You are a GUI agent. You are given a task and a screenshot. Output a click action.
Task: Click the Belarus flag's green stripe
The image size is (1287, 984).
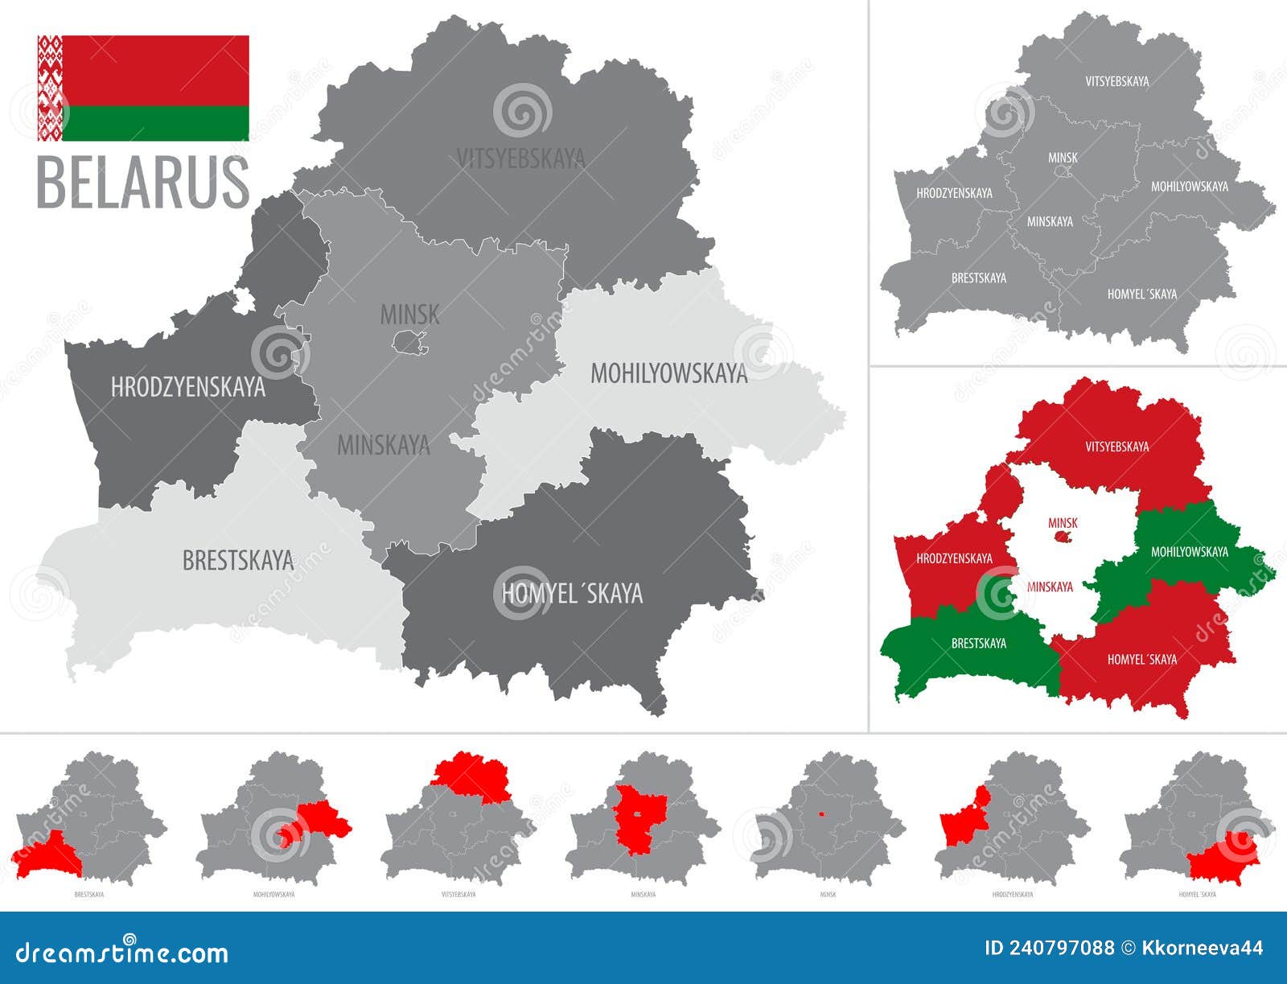coord(154,123)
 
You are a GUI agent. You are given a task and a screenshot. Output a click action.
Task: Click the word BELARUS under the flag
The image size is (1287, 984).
coord(143,183)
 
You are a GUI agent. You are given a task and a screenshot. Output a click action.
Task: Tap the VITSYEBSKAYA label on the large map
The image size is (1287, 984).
coord(520,159)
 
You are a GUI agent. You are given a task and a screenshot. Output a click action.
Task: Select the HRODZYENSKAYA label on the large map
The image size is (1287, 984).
coord(187,388)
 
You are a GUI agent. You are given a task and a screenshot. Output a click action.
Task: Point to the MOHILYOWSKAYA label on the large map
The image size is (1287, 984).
coord(668,373)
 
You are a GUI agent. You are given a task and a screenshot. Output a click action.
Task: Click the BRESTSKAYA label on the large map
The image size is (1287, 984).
coord(238,560)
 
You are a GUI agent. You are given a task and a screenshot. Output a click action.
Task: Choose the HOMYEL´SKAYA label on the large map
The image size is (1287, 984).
coord(572,594)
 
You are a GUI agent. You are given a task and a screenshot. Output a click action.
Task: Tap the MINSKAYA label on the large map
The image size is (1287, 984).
coord(384,445)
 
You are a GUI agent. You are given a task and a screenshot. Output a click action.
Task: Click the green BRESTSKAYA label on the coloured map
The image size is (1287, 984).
coord(978,644)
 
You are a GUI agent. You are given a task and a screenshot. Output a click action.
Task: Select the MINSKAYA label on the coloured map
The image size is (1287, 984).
coord(1050,587)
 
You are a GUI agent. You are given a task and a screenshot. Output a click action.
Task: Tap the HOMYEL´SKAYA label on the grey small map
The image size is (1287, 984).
coord(1141,294)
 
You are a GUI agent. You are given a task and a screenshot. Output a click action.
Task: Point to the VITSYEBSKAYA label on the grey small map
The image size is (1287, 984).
coord(1116,81)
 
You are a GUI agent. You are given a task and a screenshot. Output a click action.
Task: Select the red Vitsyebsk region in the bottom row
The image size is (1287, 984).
coord(471,774)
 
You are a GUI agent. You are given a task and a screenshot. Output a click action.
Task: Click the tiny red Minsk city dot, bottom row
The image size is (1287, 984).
coord(821,813)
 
